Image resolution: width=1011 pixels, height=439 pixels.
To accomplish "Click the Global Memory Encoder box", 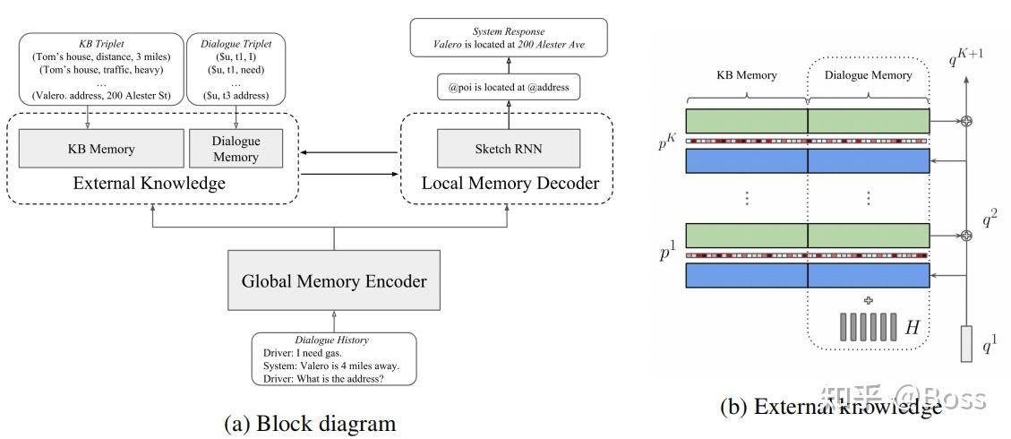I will tap(334, 280).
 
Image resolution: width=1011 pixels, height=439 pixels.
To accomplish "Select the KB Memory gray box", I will tap(100, 149).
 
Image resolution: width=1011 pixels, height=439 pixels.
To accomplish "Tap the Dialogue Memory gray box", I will tap(236, 149).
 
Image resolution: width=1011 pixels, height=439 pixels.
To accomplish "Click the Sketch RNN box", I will tap(508, 149).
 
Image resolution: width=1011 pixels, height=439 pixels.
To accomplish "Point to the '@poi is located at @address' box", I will tap(509, 87).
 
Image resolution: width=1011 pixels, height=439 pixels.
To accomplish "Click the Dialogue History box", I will tap(332, 359).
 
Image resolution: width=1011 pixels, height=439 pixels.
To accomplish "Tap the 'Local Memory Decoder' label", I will tap(510, 184).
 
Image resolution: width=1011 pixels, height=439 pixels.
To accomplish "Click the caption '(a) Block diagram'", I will tap(309, 423).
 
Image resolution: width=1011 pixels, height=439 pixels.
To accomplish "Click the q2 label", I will tap(988, 216).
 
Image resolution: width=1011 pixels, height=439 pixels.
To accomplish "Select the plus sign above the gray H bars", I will tap(867, 300).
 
